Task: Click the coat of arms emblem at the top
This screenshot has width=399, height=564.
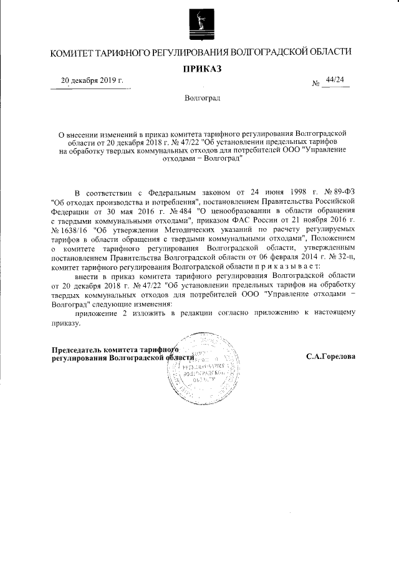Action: click(x=199, y=22)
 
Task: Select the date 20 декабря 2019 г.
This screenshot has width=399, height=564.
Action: click(x=91, y=81)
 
